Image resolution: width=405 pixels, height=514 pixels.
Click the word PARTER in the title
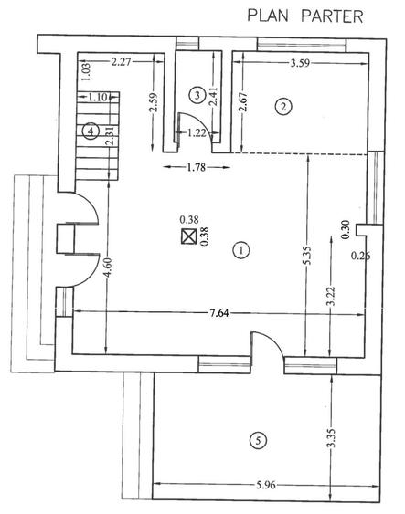(332, 16)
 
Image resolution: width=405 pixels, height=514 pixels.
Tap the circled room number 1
(241, 250)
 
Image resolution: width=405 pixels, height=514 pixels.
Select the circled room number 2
(283, 107)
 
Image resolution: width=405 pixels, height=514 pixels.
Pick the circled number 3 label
(197, 95)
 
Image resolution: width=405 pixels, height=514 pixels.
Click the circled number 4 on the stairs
(91, 131)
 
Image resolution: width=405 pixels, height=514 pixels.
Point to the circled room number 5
(258, 440)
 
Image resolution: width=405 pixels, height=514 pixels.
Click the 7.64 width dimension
(219, 313)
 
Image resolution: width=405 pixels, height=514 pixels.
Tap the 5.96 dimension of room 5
(265, 485)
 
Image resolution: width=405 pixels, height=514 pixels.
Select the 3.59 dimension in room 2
(300, 63)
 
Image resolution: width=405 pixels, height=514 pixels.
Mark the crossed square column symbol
(188, 236)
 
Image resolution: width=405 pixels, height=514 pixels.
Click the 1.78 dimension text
(197, 167)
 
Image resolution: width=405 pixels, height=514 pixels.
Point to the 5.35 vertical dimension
(306, 255)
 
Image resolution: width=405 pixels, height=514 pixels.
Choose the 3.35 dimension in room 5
(332, 438)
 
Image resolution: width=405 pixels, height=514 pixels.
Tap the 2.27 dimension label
(121, 61)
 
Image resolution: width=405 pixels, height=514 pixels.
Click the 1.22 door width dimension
(197, 132)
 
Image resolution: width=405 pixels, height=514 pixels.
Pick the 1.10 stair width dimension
(98, 97)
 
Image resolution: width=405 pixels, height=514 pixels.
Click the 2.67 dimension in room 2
(243, 102)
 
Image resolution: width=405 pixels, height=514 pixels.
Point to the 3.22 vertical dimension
(331, 296)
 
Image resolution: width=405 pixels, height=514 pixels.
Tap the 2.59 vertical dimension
(154, 103)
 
